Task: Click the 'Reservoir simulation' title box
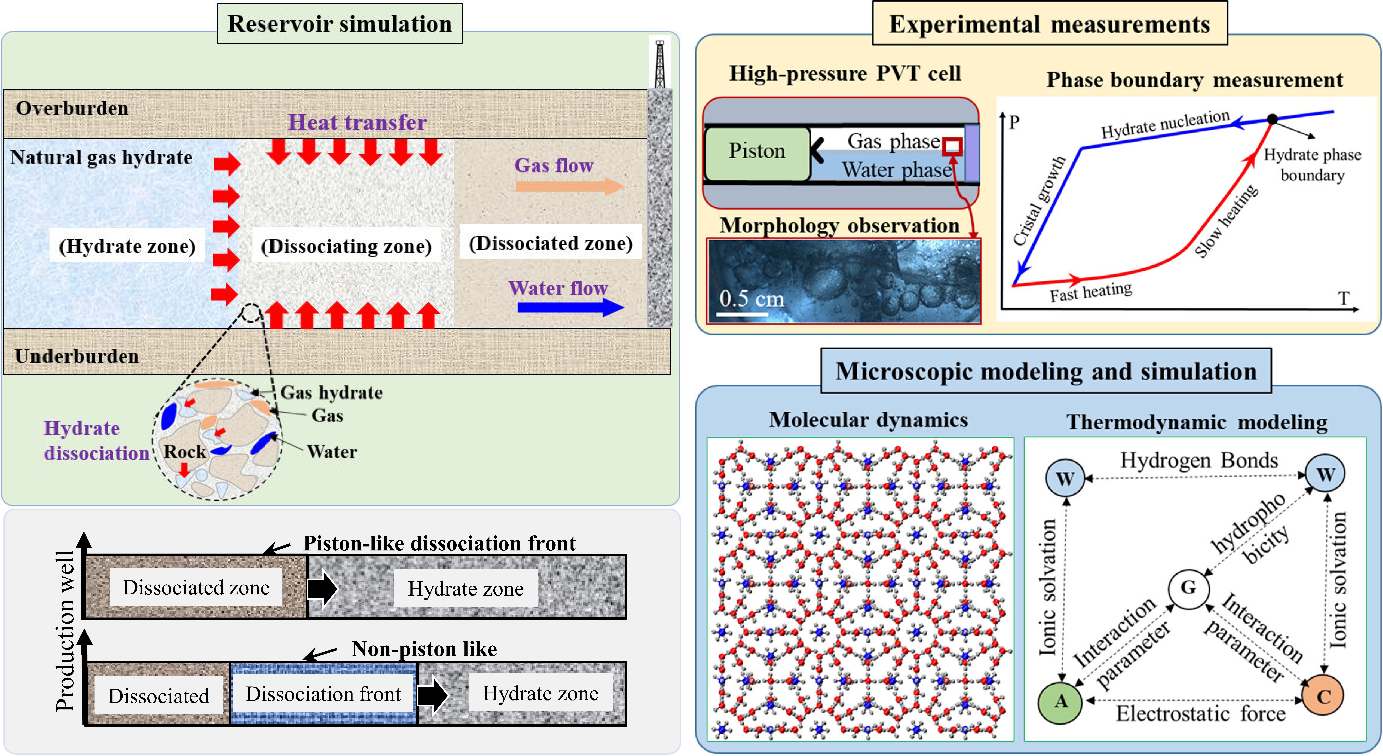pos(340,24)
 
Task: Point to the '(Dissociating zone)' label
pos(346,246)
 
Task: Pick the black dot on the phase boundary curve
pos(1272,119)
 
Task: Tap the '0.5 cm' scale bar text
pos(752,299)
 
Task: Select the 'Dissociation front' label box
pos(323,694)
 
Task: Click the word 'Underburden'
pos(77,356)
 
